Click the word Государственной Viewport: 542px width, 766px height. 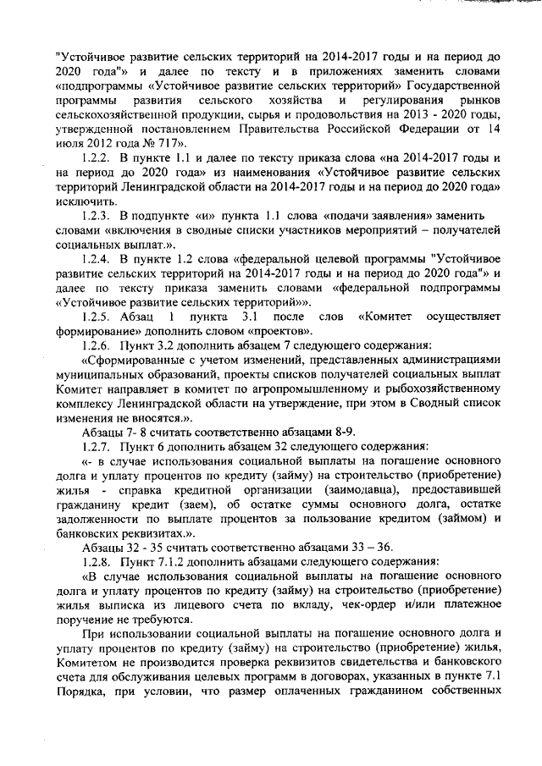pyautogui.click(x=451, y=85)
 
